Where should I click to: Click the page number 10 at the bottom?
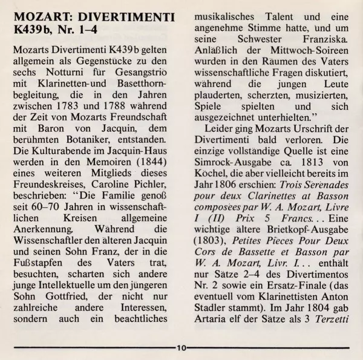pos(181,348)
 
